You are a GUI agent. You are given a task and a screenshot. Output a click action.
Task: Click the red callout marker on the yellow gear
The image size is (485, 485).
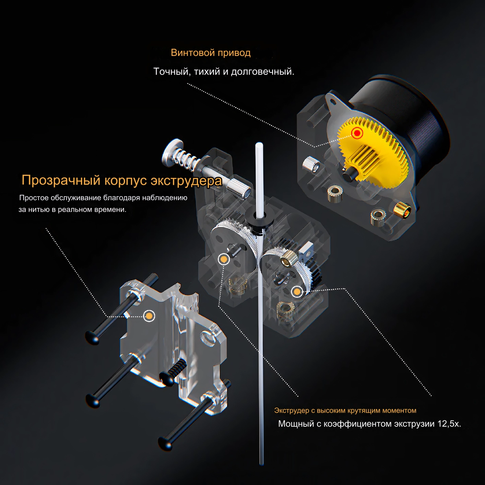pos(357,133)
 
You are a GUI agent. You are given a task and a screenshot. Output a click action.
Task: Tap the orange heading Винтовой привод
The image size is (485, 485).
pos(211,53)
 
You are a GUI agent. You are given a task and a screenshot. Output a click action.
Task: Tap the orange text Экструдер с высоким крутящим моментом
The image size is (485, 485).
pos(345,411)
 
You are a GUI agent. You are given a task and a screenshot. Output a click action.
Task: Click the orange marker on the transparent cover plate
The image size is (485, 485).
pos(149,316)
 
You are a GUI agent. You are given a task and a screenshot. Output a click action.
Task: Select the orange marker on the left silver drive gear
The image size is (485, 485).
pos(224,259)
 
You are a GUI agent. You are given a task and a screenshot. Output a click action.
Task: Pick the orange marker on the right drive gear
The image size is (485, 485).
pos(297,292)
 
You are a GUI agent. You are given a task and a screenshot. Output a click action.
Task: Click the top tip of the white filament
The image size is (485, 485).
pos(259,145)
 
